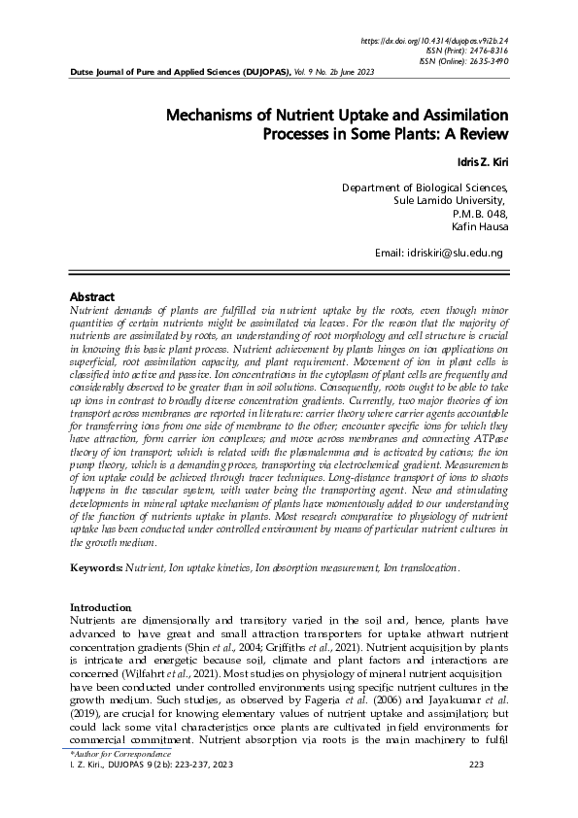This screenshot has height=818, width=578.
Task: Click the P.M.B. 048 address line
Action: pyautogui.click(x=480, y=213)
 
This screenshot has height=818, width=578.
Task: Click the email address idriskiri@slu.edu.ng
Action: pyautogui.click(x=454, y=253)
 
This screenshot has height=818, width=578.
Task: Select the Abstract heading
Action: pyautogui.click(x=92, y=296)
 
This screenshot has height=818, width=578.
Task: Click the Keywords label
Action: pyautogui.click(x=97, y=566)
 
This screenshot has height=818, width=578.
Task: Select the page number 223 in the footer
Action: pyautogui.click(x=476, y=765)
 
